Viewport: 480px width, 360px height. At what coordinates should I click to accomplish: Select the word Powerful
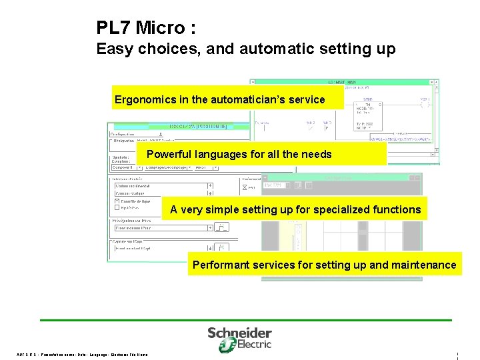point(168,154)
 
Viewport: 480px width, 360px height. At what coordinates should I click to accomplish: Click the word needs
point(316,154)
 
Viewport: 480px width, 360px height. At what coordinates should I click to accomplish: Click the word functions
point(398,209)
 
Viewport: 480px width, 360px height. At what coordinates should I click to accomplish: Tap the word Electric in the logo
point(255,345)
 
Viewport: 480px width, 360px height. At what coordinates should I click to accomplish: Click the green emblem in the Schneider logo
point(227,345)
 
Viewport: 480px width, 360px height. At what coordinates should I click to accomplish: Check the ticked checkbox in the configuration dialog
point(117,201)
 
